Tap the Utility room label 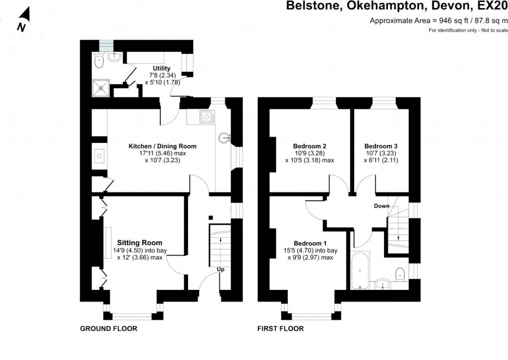[162, 68]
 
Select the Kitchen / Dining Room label [162, 146]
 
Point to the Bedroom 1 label [310, 243]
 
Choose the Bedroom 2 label [310, 146]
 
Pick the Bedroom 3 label [381, 146]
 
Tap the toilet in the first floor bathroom [400, 273]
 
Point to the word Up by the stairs [220, 270]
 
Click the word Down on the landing [381, 206]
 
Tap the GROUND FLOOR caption [109, 329]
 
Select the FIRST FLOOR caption [280, 329]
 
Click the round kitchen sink [225, 137]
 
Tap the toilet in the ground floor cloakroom [100, 62]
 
